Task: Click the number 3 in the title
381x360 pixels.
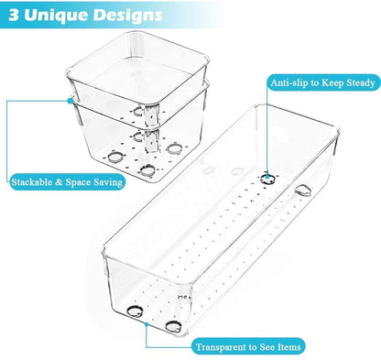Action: click(16, 16)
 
